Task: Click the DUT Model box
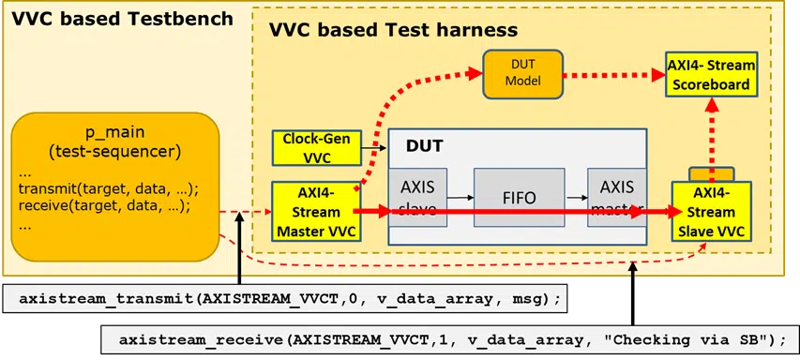[x=522, y=75]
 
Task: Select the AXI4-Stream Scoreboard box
[x=709, y=75]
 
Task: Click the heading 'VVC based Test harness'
[x=393, y=29]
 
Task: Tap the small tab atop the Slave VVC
[x=709, y=173]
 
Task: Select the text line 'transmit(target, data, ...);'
[x=108, y=188]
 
